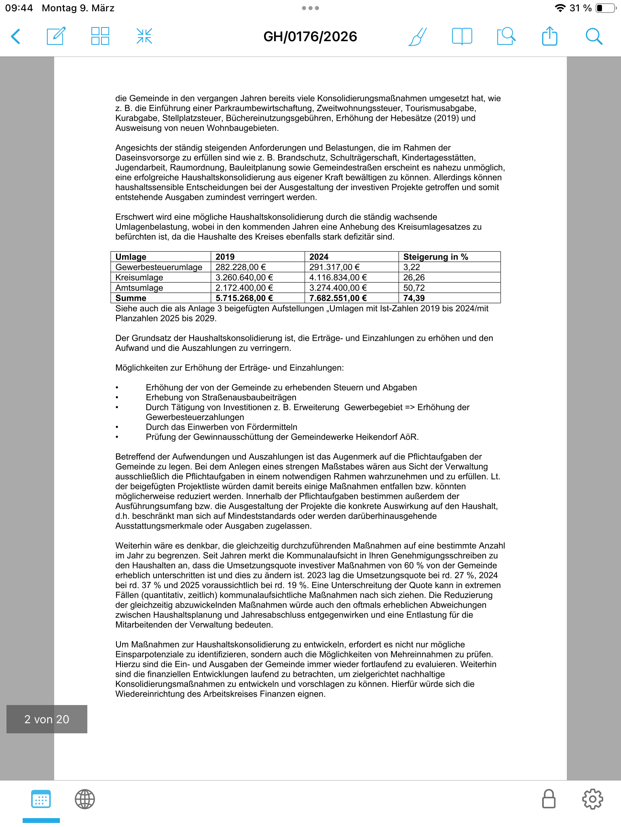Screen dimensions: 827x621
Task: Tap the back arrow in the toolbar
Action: pos(16,36)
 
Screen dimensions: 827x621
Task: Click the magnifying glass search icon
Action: pos(594,36)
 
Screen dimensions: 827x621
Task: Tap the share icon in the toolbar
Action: pos(549,36)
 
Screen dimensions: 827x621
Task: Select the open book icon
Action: pos(462,36)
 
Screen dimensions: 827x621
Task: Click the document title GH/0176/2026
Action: pos(310,37)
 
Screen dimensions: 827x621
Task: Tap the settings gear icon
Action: pos(592,799)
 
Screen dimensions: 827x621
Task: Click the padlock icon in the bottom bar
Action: pos(548,799)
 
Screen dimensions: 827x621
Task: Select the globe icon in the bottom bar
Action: pos(85,799)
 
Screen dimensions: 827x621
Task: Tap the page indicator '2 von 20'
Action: pos(47,719)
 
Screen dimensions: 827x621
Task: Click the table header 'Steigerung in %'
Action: pos(435,257)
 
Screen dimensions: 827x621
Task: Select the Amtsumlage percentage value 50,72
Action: pos(414,288)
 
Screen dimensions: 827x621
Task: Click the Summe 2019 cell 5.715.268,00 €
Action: pos(244,298)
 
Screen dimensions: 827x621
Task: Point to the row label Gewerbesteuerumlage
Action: pos(159,267)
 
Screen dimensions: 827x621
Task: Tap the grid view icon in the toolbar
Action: pos(100,36)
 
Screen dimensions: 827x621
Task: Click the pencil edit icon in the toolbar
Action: pos(56,36)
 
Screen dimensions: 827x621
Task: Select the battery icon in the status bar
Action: pos(605,8)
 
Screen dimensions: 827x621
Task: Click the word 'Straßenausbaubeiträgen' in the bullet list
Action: pos(249,397)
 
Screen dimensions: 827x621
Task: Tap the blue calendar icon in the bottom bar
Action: pos(41,799)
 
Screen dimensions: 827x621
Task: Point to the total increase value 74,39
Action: pos(414,298)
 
